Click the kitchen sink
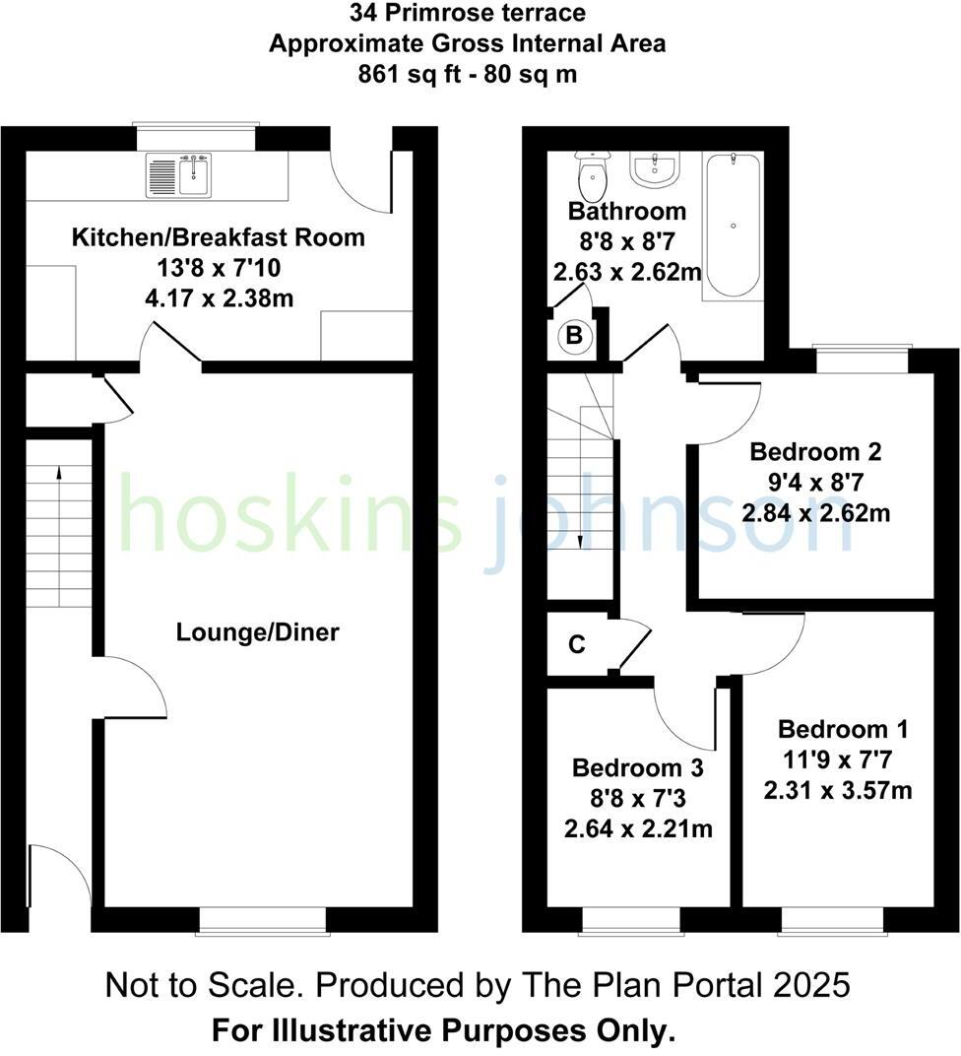[x=179, y=174]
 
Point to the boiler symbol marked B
[x=576, y=337]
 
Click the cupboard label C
[x=577, y=645]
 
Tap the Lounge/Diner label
[x=257, y=632]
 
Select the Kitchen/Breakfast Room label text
[x=218, y=237]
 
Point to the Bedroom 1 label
[x=843, y=730]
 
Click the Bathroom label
[x=627, y=211]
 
